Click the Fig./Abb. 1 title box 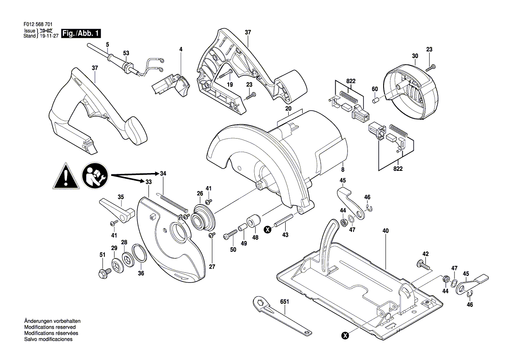pyautogui.click(x=81, y=33)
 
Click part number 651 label pyautogui.click(x=284, y=302)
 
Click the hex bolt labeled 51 pyautogui.click(x=104, y=273)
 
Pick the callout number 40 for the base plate pyautogui.click(x=385, y=231)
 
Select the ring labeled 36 pyautogui.click(x=140, y=253)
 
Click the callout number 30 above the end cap pyautogui.click(x=415, y=56)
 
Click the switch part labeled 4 pyautogui.click(x=171, y=85)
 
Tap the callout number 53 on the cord pyautogui.click(x=126, y=53)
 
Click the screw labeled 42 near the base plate pyautogui.click(x=423, y=265)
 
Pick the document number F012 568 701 pyautogui.click(x=38, y=24)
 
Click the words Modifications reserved pyautogui.click(x=50, y=327)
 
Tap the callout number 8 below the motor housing pyautogui.click(x=343, y=170)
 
